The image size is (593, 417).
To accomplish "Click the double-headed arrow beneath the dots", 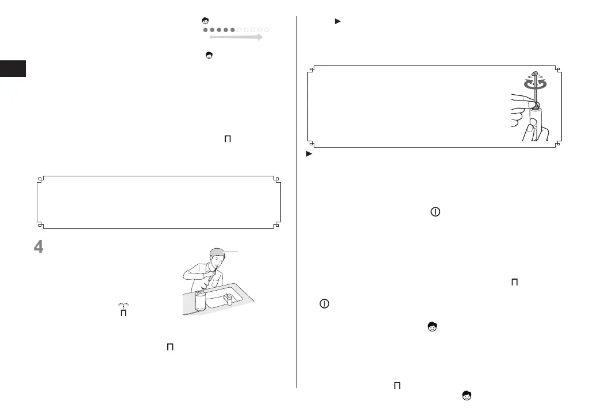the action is [236, 37].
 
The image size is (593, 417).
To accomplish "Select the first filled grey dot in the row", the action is [206, 29].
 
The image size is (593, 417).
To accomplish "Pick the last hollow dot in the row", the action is [267, 29].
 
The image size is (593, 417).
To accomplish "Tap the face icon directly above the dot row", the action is [205, 21].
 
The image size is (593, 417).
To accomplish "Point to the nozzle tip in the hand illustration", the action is [534, 74].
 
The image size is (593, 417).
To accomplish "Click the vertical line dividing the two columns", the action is [296, 201].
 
